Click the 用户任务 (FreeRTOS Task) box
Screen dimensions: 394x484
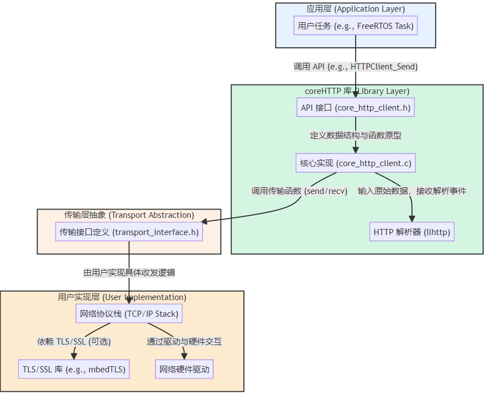[356, 26]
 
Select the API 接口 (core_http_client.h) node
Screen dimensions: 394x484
[356, 108]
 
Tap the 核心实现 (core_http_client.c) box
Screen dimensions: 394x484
[356, 163]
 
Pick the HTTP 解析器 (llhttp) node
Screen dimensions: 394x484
[412, 232]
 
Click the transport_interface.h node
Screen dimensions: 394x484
[129, 232]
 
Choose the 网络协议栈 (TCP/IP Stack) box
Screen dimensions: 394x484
[129, 314]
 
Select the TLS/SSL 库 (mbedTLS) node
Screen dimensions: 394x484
[74, 369]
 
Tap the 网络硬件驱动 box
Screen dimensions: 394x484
[184, 369]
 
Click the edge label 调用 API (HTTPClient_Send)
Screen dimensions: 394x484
[356, 67]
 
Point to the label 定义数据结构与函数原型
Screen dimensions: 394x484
[356, 136]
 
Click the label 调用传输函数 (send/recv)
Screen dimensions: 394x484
[300, 191]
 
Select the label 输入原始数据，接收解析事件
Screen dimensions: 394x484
[412, 191]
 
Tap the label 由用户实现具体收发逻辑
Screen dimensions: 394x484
[129, 273]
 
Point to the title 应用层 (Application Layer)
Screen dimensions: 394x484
[356, 9]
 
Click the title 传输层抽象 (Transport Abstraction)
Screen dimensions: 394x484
[129, 215]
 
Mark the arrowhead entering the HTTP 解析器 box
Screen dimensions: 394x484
[412, 218]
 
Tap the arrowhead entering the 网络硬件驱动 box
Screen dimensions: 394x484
[184, 357]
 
